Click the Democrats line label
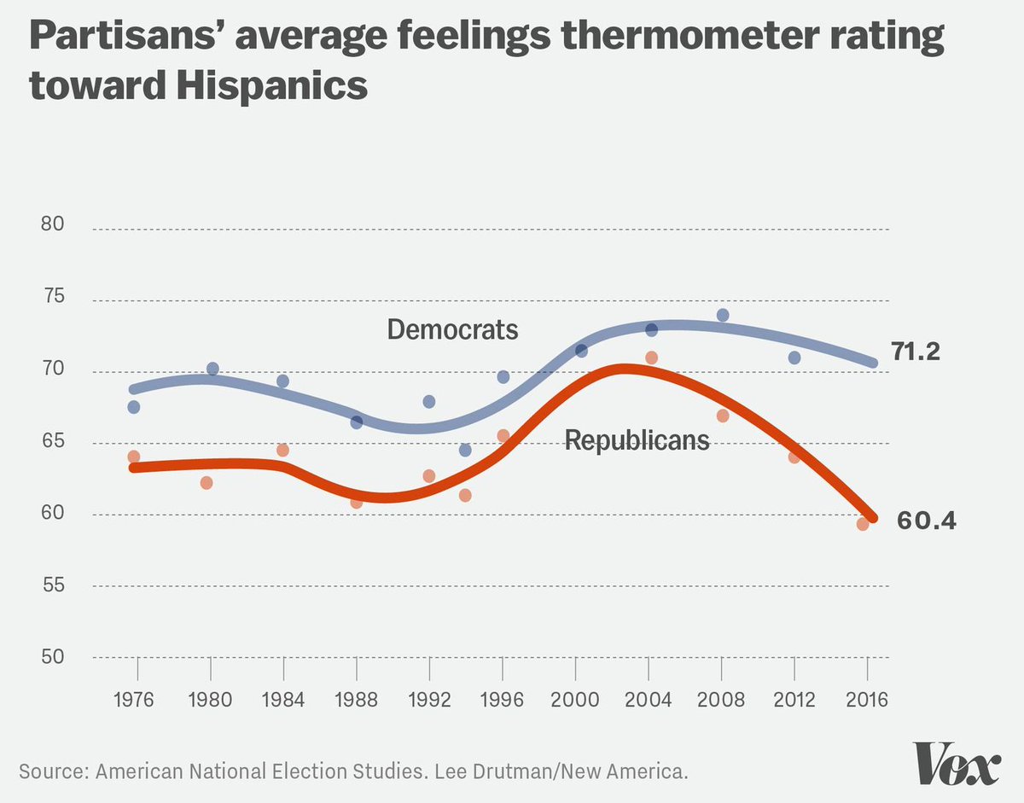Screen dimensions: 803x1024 452,329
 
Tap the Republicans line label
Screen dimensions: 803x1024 637,440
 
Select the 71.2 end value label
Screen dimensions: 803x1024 916,351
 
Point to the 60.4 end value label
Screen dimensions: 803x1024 926,520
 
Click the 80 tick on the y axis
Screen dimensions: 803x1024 54,225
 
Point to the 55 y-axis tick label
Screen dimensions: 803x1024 54,586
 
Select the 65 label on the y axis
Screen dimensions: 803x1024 54,442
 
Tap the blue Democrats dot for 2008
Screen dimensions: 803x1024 723,315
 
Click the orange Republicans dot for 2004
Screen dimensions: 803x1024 651,358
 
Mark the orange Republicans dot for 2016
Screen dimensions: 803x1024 863,524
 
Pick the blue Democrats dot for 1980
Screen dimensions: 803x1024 212,369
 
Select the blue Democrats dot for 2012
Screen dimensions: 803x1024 794,358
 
